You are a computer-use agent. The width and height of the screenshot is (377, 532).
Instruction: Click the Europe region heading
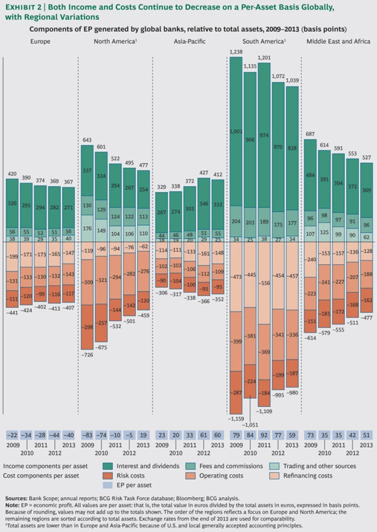coord(40,42)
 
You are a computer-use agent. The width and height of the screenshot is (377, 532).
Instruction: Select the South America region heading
coord(264,42)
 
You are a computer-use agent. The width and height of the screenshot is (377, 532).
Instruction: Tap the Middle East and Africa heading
coord(338,42)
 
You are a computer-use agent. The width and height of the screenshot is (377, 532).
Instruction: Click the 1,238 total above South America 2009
coord(236,52)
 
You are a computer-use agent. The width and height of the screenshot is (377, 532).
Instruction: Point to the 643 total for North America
coord(87,140)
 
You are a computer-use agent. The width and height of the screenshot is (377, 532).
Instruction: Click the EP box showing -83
coord(87,435)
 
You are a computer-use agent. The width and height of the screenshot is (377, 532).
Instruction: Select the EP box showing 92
coord(264,435)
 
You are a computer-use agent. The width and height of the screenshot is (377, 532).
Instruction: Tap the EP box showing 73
coord(310,435)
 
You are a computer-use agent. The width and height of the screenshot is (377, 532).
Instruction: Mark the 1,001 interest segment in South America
coord(236,132)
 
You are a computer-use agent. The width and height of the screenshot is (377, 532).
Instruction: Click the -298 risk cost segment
coord(87,327)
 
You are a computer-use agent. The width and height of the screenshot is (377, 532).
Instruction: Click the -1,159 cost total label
coord(236,419)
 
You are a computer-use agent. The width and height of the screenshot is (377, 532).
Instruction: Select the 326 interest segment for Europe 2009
coord(12,203)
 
